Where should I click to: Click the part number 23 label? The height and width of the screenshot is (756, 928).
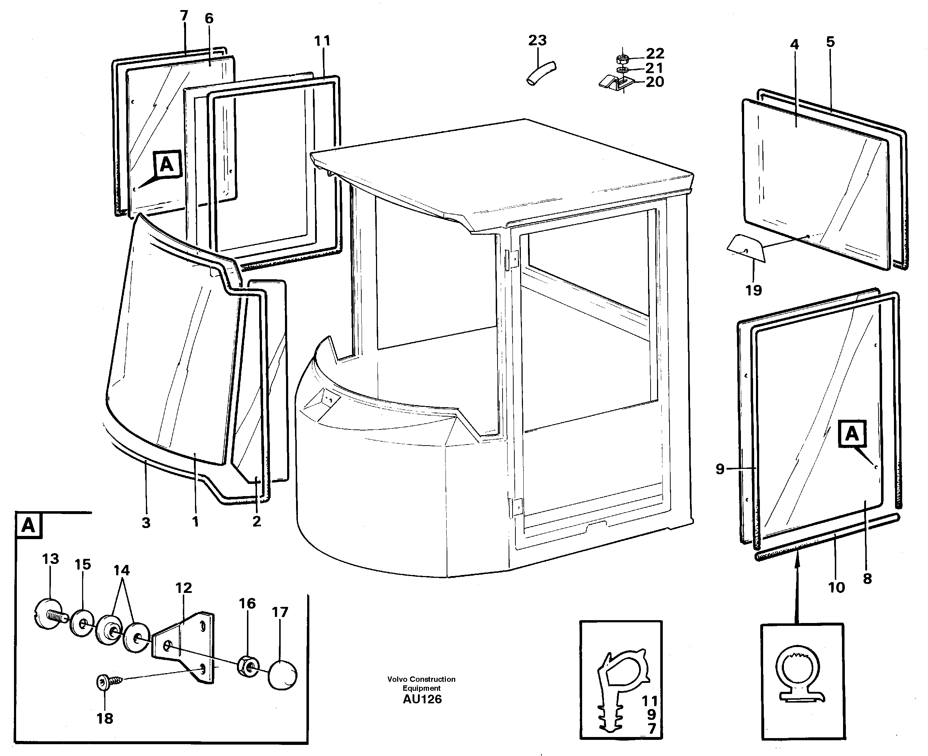click(x=537, y=41)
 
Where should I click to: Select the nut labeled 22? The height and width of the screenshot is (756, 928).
click(x=622, y=58)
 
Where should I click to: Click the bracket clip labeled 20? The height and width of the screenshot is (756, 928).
click(x=614, y=83)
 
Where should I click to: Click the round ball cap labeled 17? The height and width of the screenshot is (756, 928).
click(x=282, y=675)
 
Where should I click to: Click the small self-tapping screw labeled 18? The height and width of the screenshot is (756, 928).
click(x=106, y=682)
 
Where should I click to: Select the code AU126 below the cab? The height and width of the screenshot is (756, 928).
click(x=422, y=699)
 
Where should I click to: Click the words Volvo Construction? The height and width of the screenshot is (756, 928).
click(x=421, y=679)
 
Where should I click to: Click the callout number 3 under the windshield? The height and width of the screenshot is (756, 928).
click(x=146, y=523)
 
